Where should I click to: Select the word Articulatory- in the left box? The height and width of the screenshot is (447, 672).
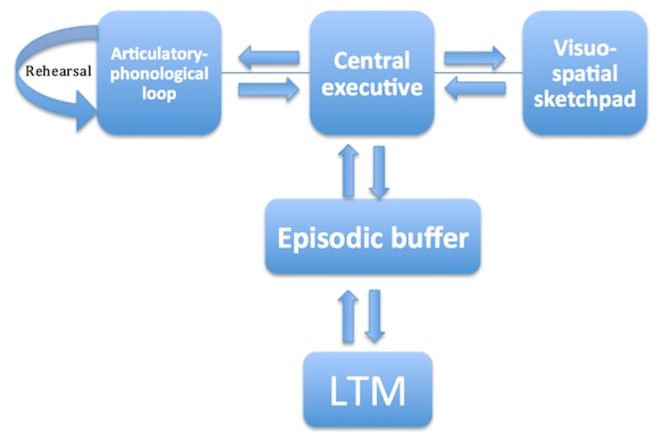click(x=160, y=54)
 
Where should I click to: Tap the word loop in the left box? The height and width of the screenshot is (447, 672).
click(x=160, y=93)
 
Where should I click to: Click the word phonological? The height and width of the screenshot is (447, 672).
click(x=160, y=73)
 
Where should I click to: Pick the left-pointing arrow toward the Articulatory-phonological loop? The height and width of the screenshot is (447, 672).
click(x=268, y=58)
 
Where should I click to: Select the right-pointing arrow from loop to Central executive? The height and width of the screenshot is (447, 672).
click(x=268, y=87)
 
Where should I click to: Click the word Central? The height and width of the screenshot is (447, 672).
click(x=371, y=60)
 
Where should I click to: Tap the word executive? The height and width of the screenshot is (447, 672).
click(x=371, y=87)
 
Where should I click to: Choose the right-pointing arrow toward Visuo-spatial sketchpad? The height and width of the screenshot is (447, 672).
click(x=475, y=58)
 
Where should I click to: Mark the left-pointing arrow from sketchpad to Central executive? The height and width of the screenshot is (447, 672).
click(x=475, y=87)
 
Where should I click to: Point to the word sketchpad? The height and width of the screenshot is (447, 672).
click(x=585, y=99)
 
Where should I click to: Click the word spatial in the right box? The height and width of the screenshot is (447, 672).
click(x=585, y=73)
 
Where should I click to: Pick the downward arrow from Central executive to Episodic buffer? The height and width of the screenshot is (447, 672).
click(x=379, y=172)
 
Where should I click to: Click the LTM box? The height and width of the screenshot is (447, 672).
click(x=368, y=390)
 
